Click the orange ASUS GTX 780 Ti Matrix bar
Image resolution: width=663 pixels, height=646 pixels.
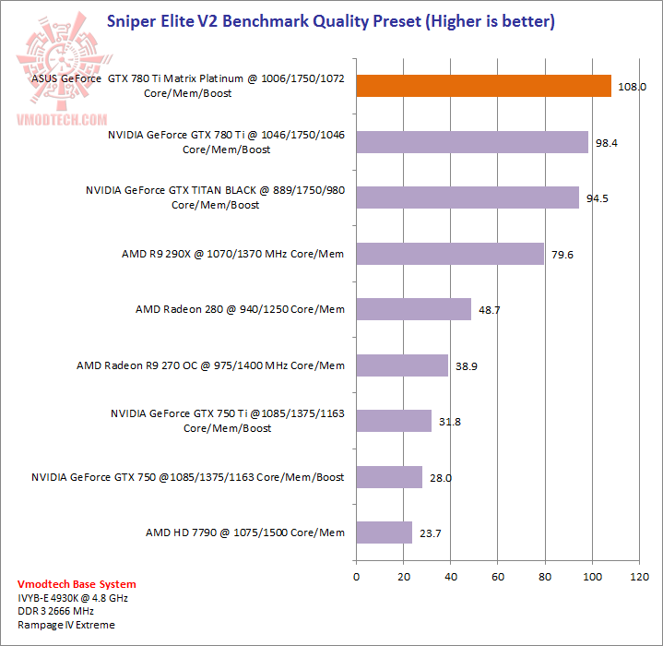[x=483, y=86]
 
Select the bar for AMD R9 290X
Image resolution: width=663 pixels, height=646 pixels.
[x=450, y=253]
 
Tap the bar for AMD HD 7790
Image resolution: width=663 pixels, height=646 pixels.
[x=384, y=532]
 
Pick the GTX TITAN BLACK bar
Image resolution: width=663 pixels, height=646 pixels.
[x=468, y=197]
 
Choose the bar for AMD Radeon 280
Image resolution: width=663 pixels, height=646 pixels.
[x=413, y=309]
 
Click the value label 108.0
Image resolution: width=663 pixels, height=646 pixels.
[x=632, y=87]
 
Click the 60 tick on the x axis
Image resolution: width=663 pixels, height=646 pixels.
[x=497, y=577]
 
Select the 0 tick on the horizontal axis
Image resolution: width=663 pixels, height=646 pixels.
[x=356, y=577]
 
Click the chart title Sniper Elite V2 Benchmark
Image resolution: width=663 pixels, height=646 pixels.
[x=331, y=20]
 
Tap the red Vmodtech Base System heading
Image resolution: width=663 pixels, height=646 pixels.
[x=77, y=584]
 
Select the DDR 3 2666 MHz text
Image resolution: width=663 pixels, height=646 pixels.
[x=56, y=612]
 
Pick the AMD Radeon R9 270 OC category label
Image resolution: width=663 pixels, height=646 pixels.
[x=210, y=365]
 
